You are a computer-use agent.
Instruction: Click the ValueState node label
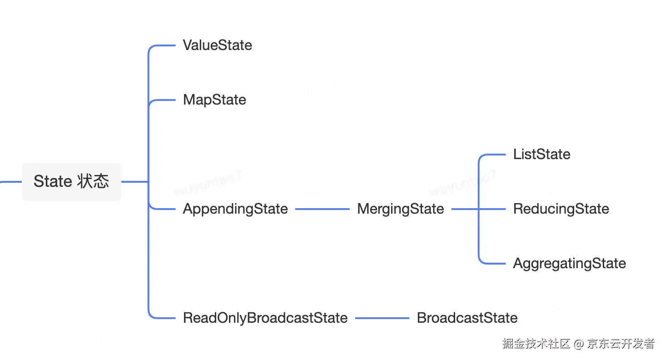point(217,45)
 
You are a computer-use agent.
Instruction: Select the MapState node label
point(214,100)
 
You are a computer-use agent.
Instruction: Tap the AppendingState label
point(235,209)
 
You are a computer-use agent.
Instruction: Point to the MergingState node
point(400,209)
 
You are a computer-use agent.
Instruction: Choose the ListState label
point(541,155)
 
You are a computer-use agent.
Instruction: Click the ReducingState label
point(561,209)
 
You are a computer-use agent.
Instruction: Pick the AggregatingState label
point(569,264)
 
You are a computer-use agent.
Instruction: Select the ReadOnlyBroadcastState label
point(265,318)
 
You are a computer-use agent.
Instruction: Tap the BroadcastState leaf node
point(467,318)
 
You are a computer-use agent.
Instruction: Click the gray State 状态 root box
point(71,182)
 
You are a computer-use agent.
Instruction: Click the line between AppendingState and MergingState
point(322,209)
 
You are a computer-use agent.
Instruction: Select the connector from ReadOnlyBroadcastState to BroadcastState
point(382,318)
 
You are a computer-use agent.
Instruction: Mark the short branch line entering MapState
point(164,100)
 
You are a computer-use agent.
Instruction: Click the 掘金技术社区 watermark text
point(536,343)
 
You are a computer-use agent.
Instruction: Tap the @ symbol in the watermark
point(578,344)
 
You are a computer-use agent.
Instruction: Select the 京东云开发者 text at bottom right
point(620,343)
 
